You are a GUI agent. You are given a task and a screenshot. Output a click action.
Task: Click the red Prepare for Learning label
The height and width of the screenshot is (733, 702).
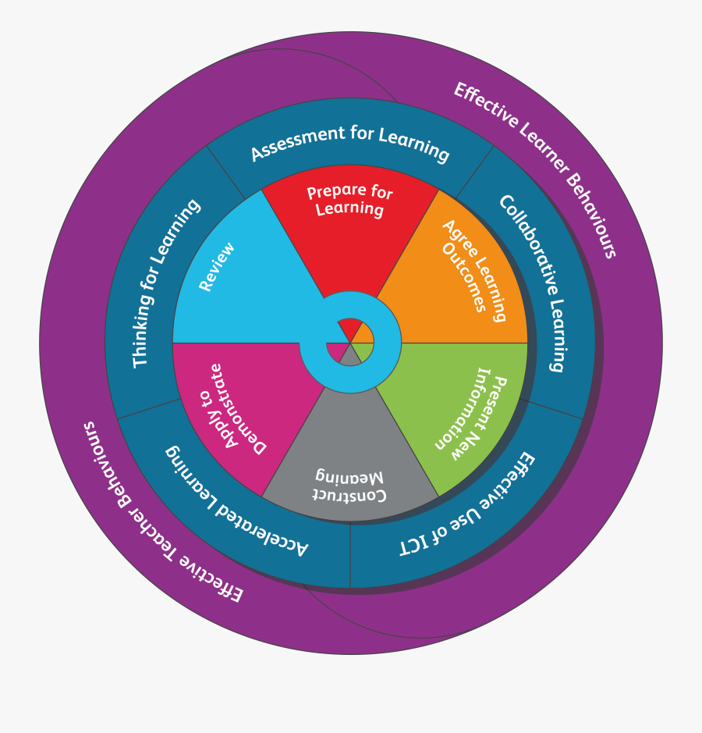(x=349, y=201)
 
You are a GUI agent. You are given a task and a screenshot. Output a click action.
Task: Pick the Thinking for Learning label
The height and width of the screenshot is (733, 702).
(x=165, y=283)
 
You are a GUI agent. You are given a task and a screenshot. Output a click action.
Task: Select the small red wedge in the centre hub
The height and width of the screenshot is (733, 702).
(x=349, y=329)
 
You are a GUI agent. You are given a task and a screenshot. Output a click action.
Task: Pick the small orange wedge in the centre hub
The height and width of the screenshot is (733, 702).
(x=363, y=333)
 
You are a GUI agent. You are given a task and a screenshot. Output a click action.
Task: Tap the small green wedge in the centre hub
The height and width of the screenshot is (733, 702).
(x=363, y=351)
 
